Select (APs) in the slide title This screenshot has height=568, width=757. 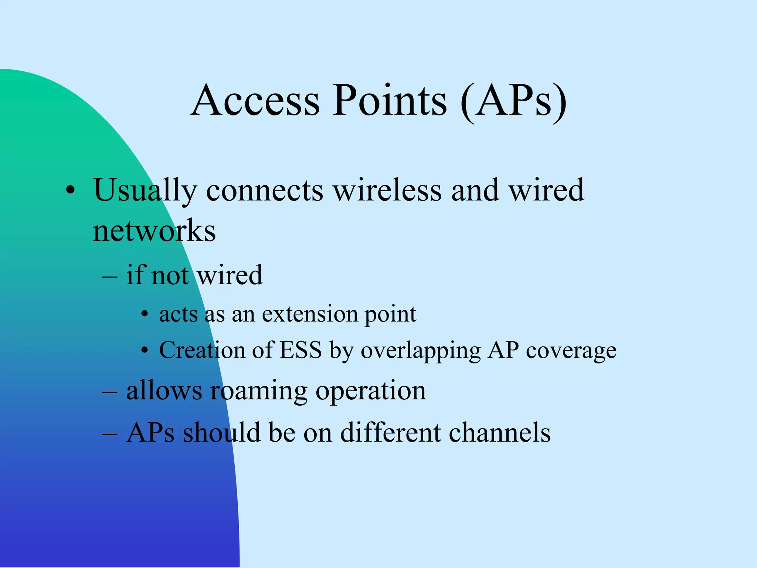(x=514, y=102)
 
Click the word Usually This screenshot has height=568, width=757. (x=145, y=190)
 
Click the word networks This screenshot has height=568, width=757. (x=154, y=231)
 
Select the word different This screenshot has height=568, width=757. (x=390, y=432)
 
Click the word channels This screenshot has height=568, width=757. (x=499, y=432)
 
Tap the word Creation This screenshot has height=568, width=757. (x=202, y=350)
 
